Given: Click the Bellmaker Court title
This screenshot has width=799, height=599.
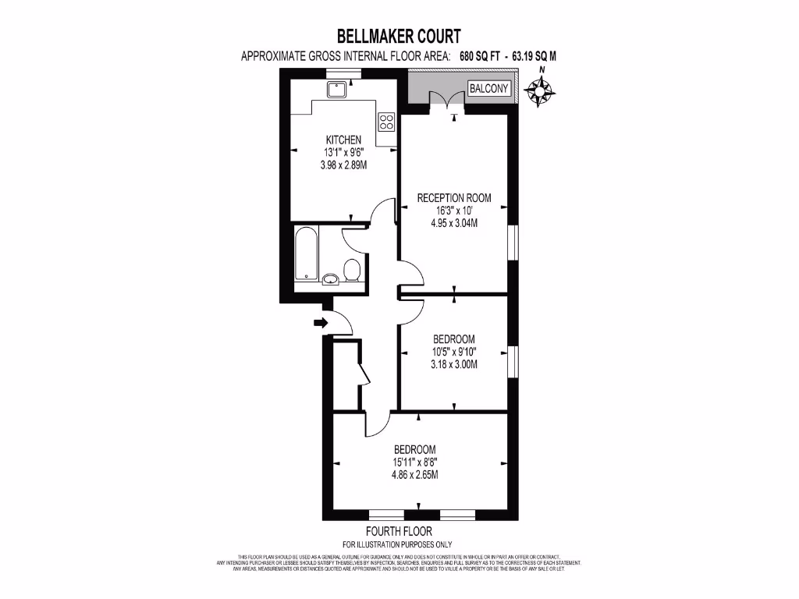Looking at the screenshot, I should (399, 36).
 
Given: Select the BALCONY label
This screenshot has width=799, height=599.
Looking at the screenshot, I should (489, 89).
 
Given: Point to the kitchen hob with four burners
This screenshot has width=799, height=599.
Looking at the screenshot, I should (386, 121).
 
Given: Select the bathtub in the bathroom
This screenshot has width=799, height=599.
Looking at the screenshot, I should (305, 254).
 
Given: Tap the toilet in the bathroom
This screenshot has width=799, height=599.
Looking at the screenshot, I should (352, 271).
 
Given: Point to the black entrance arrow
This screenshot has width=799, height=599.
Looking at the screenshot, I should (319, 322).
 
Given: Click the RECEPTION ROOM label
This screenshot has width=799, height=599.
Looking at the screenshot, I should (454, 197).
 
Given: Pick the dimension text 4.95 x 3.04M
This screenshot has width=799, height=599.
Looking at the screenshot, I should (454, 222).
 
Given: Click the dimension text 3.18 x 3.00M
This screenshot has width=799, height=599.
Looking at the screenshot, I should (454, 364).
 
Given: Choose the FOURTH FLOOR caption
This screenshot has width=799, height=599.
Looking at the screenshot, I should (398, 532).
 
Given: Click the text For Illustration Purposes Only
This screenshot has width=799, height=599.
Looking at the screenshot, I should (398, 544).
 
